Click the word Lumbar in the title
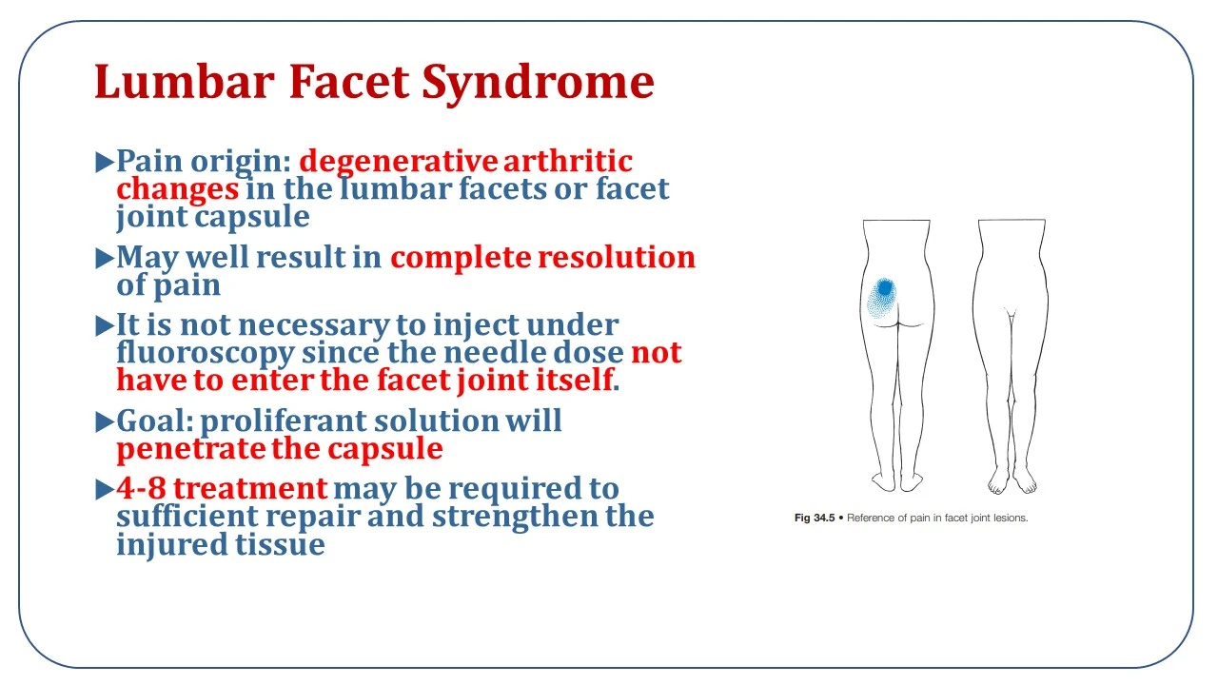tap(185, 82)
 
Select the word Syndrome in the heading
tap(538, 85)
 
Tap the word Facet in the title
tap(349, 82)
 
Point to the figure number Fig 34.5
tap(814, 518)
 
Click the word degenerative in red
tap(398, 162)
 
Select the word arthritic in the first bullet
tap(568, 161)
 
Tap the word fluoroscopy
tap(206, 353)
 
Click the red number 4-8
tap(141, 488)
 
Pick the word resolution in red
tap(617, 257)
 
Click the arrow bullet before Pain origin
tap(104, 162)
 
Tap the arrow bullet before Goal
tap(104, 421)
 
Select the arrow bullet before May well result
tap(104, 258)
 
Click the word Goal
tap(155, 421)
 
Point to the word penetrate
tap(191, 449)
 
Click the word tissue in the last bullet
tap(280, 543)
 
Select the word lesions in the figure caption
tap(1011, 518)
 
